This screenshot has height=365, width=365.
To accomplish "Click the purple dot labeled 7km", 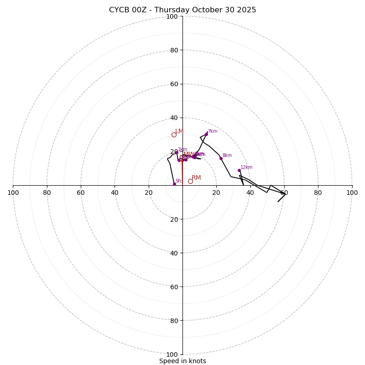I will tap(206, 134).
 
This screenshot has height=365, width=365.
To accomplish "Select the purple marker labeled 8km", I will tap(221, 158).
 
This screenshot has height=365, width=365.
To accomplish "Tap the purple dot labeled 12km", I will tap(239, 170).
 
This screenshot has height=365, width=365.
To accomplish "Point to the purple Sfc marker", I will tap(174, 184).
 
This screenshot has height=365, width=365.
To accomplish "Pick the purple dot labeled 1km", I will tap(177, 152).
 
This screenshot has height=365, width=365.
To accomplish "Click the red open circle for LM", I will tap(174, 135).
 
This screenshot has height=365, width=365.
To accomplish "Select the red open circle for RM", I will tap(190, 181).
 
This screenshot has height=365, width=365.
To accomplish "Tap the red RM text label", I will tap(196, 177).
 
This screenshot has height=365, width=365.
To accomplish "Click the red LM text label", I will tap(179, 131).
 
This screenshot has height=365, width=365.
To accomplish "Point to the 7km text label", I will tap(213, 131).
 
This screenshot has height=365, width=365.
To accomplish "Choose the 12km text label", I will tap(246, 167).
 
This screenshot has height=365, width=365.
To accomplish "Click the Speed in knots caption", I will tap(182, 361).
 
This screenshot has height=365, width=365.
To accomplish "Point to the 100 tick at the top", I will tap(172, 16).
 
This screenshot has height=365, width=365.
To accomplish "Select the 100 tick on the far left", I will tap(13, 193).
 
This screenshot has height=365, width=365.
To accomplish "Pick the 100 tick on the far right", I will tap(352, 193).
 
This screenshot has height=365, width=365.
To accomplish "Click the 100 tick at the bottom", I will tap(172, 354).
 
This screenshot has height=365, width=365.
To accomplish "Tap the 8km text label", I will tap(227, 156).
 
